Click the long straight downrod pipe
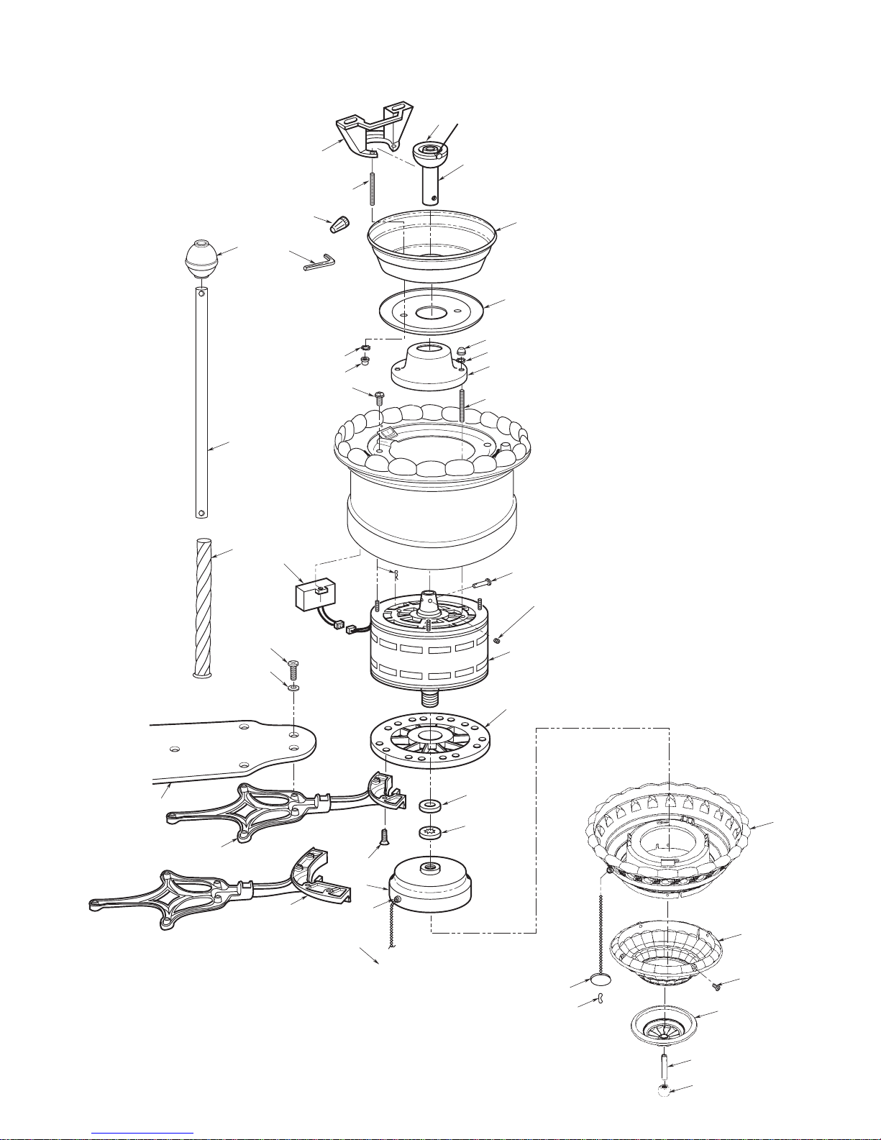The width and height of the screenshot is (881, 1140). [x=202, y=403]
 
